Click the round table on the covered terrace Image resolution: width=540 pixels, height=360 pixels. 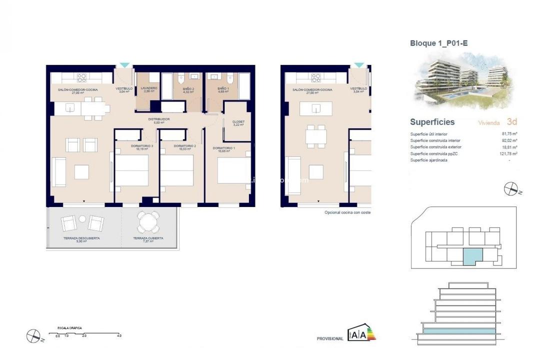(148, 221)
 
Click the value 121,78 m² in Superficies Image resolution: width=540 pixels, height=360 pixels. (508, 153)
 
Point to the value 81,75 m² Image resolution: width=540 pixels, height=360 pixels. (509, 134)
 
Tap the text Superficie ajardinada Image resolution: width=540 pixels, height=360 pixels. (428, 160)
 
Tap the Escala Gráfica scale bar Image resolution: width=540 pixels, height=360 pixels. (84, 333)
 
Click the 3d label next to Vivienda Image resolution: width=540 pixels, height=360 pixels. (511, 121)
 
